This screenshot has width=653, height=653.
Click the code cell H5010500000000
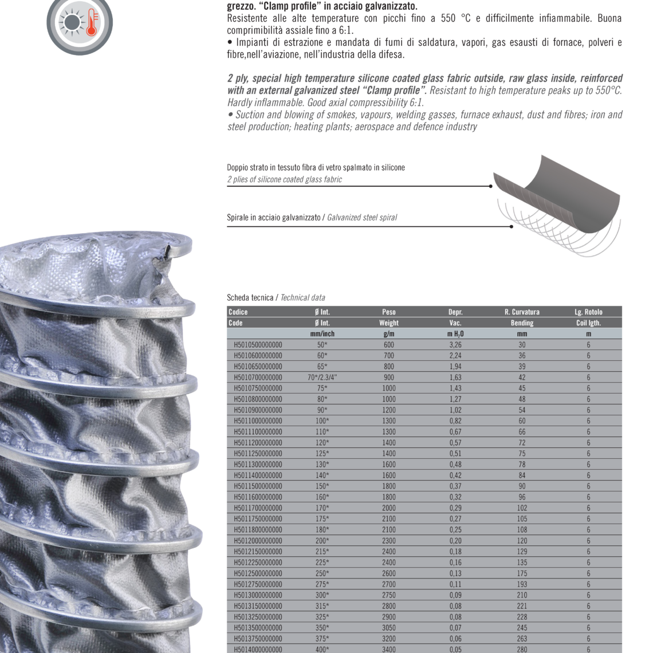tap(258, 345)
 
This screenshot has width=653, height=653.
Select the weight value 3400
tap(388, 649)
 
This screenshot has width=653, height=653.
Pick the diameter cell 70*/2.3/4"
tap(322, 377)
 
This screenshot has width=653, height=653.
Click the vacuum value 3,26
tap(455, 345)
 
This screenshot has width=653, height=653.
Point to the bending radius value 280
tap(522, 649)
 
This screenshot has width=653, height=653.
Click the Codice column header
tap(238, 312)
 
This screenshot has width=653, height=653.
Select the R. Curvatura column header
tap(522, 312)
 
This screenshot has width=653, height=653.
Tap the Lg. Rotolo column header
tap(588, 312)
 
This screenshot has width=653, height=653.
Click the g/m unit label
tap(388, 334)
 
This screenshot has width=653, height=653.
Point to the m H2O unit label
tap(455, 334)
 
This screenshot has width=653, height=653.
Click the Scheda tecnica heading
tap(250, 298)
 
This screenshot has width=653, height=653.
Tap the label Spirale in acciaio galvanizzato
tap(274, 218)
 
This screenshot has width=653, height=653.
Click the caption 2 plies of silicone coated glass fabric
tap(285, 179)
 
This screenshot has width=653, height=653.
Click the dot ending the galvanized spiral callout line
tap(511, 227)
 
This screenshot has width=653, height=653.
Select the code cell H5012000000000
tap(258, 541)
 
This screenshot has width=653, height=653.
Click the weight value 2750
tap(388, 595)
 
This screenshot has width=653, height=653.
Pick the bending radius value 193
tap(522, 584)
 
